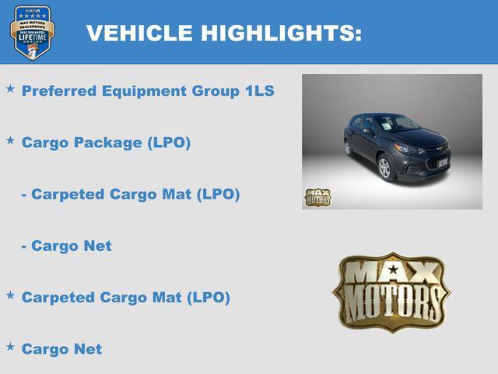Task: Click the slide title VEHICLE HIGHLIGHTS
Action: [223, 33]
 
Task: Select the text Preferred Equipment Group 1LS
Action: [148, 91]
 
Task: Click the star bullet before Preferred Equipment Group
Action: [10, 89]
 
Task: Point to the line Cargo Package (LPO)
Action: [106, 143]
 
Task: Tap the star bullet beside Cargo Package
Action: [10, 140]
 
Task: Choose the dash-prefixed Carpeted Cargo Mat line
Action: [130, 194]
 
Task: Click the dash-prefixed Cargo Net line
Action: [66, 245]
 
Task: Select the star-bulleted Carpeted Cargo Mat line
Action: [125, 298]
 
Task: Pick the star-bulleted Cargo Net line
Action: [61, 349]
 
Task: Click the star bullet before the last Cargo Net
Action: [10, 347]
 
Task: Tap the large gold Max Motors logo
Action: [392, 290]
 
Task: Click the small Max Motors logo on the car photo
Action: [317, 197]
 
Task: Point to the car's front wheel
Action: [384, 167]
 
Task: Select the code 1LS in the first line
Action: [259, 91]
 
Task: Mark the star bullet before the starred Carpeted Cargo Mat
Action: [10, 295]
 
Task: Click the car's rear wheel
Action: [347, 147]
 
